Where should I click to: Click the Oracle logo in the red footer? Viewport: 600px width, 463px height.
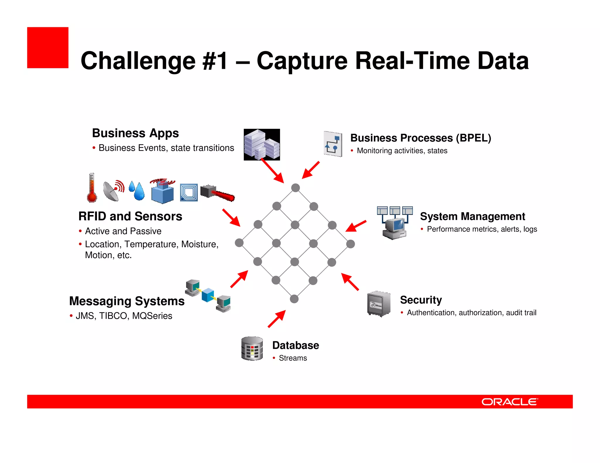pos(509,402)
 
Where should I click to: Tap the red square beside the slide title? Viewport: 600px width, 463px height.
pos(48,48)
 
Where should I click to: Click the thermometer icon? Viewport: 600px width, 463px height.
pos(92,188)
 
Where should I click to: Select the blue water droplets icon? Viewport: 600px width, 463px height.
pos(137,191)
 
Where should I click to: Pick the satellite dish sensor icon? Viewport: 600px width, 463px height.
pos(113,190)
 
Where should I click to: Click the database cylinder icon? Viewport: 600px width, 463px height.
pos(252,348)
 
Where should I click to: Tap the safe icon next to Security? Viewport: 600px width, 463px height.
pos(379,304)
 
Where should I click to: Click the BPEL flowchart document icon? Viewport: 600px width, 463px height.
pos(333,144)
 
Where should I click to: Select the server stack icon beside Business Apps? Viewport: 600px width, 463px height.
pos(262,145)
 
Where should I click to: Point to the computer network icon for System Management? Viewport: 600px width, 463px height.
pos(395,222)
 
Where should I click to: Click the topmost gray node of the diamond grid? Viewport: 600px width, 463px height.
pos(296,188)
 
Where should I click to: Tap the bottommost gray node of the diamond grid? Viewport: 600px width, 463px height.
pos(294,299)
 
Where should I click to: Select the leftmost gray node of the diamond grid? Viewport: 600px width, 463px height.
pos(239,243)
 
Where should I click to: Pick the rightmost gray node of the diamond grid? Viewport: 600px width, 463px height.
pos(350,244)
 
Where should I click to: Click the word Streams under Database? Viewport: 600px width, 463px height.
pos(293,358)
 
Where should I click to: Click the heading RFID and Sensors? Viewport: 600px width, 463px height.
pos(130,216)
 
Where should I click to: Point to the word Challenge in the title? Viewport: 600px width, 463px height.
pos(138,61)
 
